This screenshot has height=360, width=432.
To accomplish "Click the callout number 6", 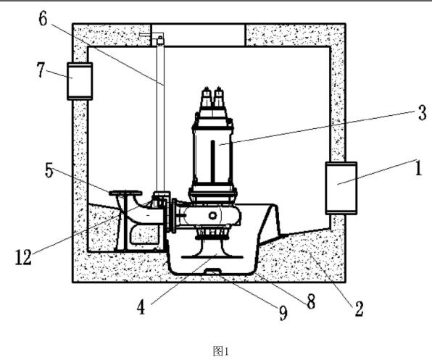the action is coord(43,19).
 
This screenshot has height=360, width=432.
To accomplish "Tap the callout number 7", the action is coord(41,70).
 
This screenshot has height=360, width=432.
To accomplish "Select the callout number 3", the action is coord(422,113).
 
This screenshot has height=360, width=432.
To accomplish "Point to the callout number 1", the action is coord(418,168).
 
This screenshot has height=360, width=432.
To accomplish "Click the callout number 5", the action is coord(49,170).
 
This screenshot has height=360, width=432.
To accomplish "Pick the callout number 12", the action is coord(23,257).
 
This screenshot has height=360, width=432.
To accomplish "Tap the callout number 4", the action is coord(141,307).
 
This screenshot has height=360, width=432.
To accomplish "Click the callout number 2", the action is coord(359,309).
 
